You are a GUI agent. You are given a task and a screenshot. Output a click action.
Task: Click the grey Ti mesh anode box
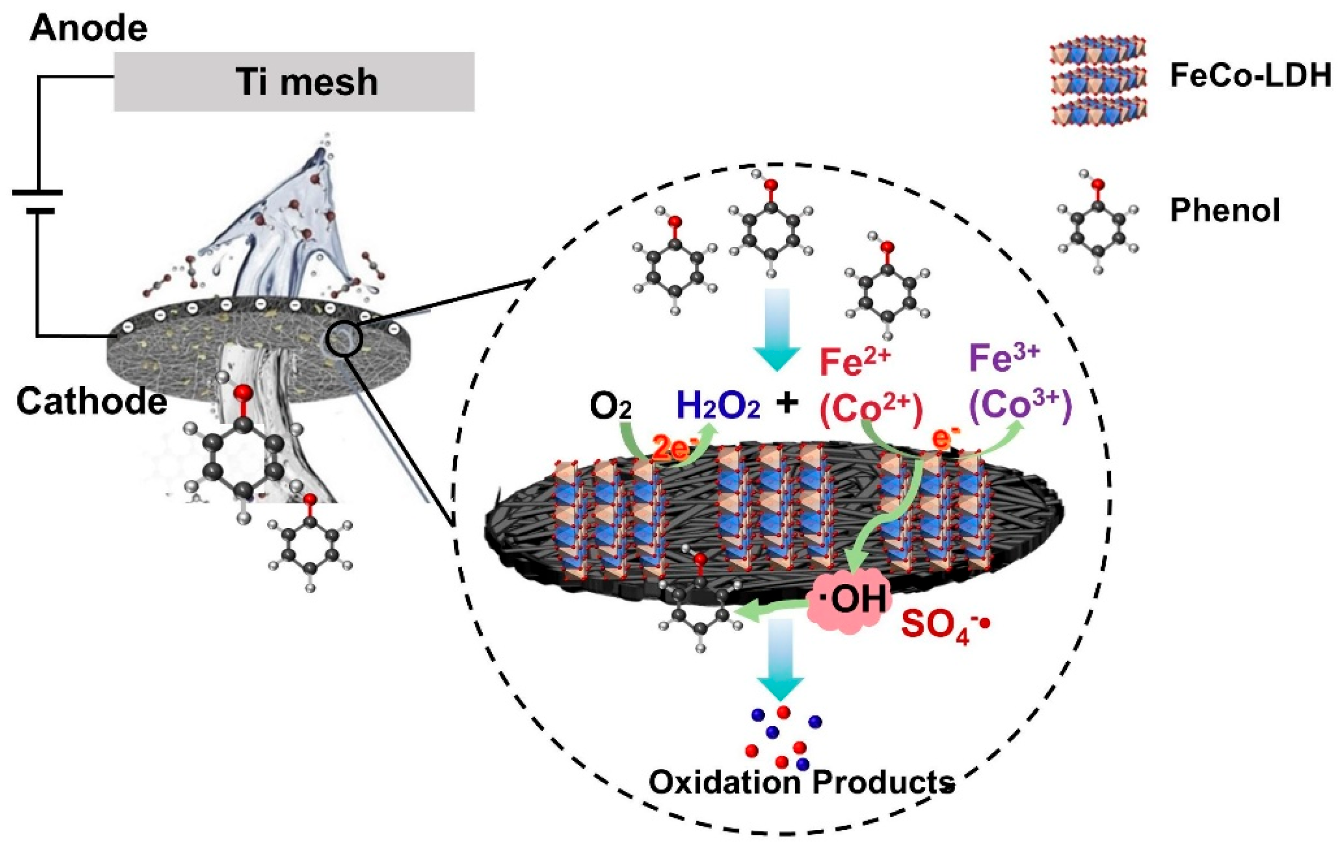(x=294, y=82)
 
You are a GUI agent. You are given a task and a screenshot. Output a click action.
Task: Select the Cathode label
(x=91, y=401)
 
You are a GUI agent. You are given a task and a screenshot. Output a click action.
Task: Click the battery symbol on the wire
(x=37, y=201)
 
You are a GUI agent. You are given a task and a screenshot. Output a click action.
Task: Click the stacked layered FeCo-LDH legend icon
(x=1098, y=81)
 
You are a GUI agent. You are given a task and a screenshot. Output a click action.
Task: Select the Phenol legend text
(x=1225, y=211)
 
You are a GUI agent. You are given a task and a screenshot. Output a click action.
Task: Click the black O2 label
(x=611, y=407)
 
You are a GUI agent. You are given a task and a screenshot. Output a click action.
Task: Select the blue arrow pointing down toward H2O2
(x=777, y=328)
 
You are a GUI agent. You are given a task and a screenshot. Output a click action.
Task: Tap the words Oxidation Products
(x=801, y=782)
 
